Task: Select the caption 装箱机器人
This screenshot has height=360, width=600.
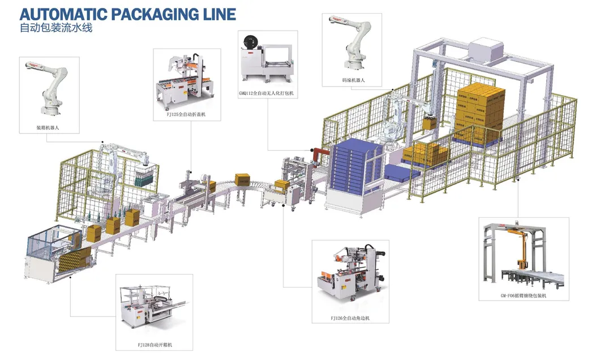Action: [48, 128]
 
